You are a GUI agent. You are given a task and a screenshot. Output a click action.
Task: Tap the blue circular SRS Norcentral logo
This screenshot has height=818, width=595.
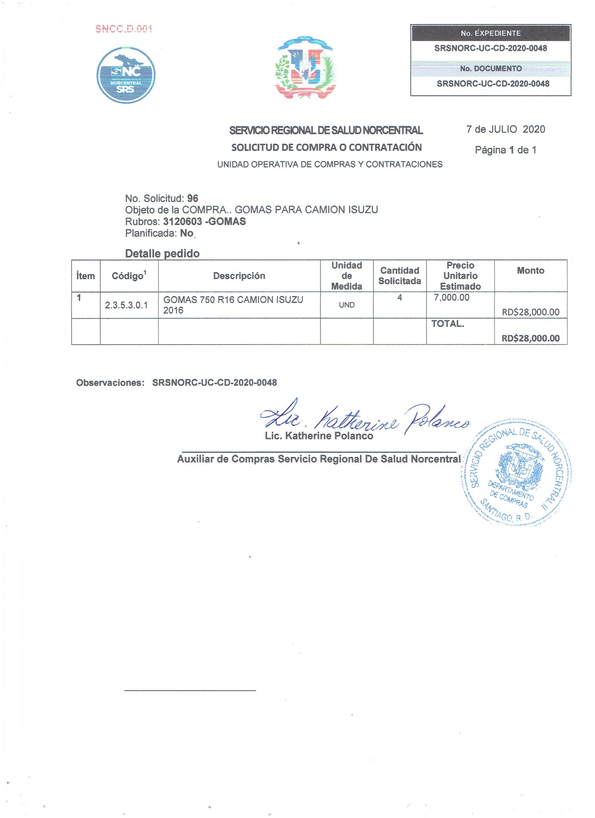[x=126, y=75]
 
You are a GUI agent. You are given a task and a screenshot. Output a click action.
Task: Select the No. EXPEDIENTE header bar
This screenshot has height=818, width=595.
[x=490, y=34]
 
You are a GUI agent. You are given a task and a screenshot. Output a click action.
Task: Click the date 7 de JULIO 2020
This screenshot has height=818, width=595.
[x=505, y=129]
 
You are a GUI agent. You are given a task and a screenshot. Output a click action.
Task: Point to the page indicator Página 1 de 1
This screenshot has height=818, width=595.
[x=505, y=150]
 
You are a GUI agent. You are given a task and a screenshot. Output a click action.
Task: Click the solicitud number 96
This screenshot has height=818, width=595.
[x=193, y=198]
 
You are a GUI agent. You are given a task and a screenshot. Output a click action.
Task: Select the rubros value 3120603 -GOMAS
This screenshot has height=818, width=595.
[x=204, y=221]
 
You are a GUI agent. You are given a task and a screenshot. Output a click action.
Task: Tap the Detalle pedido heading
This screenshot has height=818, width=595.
[x=162, y=254]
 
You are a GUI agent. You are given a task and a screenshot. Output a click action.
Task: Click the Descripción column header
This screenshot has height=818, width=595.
[x=239, y=276]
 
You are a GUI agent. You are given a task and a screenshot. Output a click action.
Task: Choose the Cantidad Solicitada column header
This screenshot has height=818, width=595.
[x=399, y=276]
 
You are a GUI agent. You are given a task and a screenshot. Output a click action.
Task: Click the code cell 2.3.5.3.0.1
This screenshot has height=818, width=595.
[x=126, y=305]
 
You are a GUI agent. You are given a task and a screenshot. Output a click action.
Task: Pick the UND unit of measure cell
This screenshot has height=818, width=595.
[x=346, y=305]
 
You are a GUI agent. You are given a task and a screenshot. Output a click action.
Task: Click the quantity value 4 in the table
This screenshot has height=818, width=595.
[x=399, y=298]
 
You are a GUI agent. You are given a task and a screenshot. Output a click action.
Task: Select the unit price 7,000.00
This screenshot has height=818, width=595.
[x=452, y=298]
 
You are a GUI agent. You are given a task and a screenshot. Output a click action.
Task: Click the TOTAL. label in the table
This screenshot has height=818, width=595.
[x=447, y=324]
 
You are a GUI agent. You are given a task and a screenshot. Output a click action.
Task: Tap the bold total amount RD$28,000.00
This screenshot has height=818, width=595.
[x=530, y=338]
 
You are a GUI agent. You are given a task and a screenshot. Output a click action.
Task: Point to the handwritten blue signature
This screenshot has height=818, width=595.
[x=364, y=419]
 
